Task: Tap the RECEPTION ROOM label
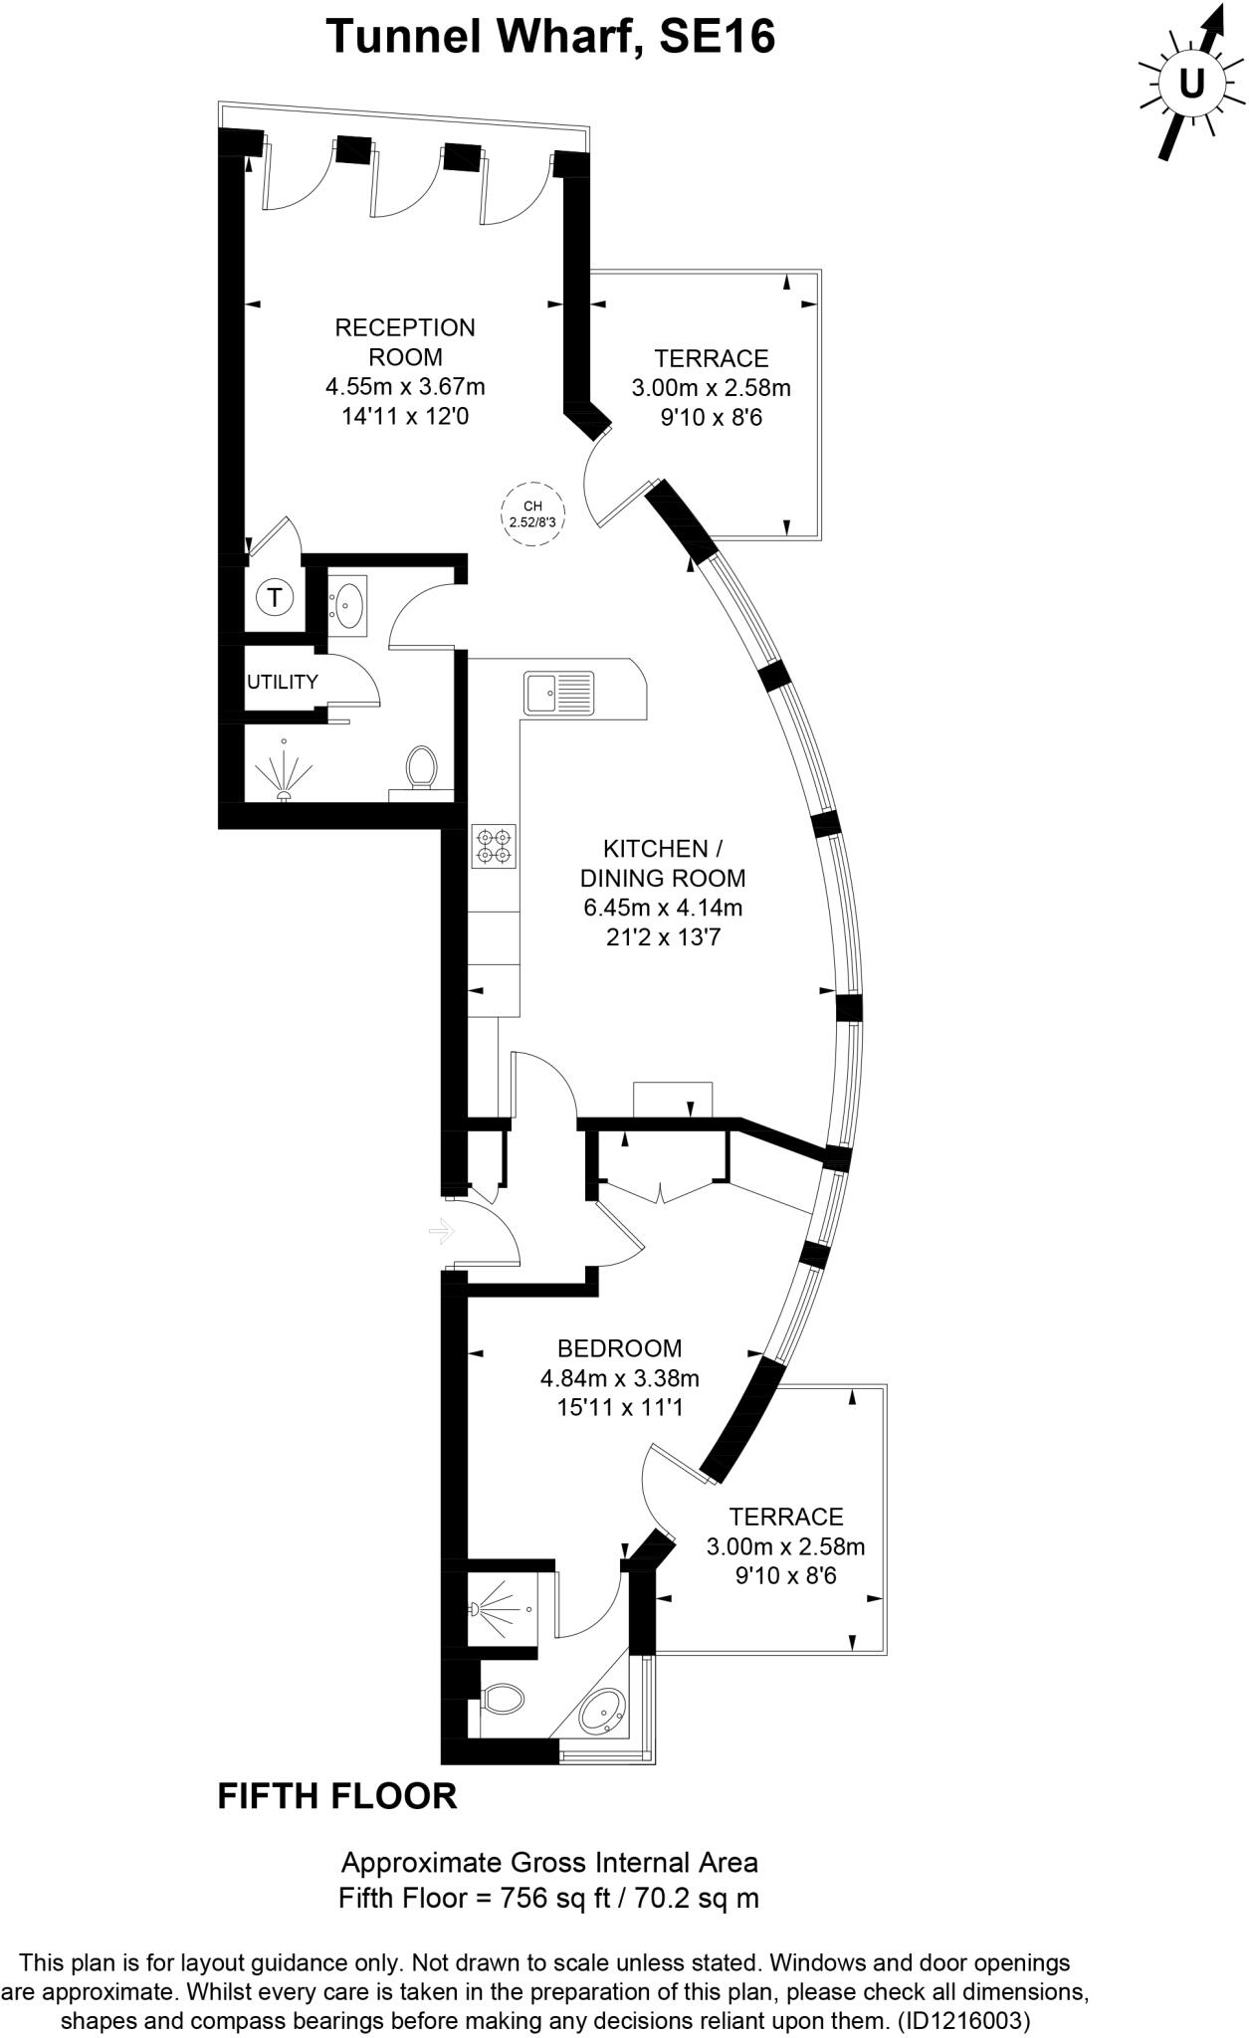(405, 341)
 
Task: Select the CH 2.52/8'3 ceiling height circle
(529, 513)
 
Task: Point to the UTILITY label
(283, 682)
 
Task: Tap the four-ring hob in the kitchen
(495, 845)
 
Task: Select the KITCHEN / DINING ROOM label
(662, 864)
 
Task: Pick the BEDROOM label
(619, 1348)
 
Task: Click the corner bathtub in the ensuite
(602, 1716)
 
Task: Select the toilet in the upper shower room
(421, 767)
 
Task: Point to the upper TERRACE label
(711, 358)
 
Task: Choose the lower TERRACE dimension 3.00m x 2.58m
(785, 1546)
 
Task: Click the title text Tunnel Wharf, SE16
(550, 38)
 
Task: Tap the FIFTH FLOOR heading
(336, 1796)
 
